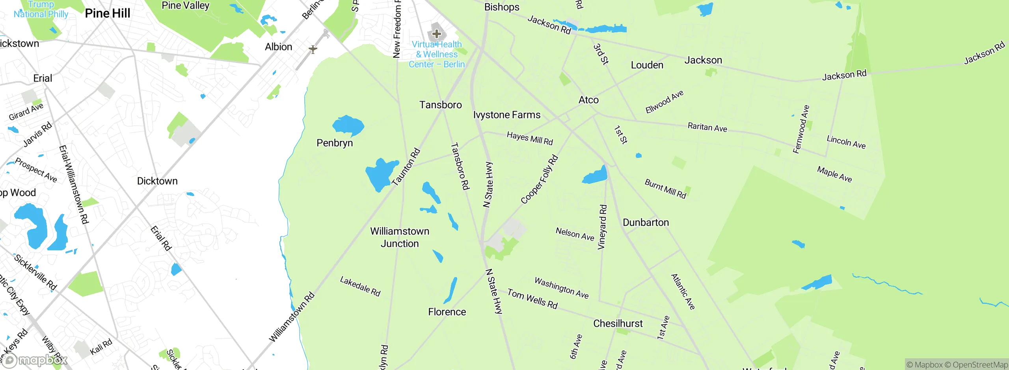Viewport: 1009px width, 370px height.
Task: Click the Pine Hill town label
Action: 107,13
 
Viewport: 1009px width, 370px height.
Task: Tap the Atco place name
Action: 588,100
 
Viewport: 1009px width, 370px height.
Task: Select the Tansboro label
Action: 440,105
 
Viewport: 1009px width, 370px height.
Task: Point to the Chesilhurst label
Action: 618,324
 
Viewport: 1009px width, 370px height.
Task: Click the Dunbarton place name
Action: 646,222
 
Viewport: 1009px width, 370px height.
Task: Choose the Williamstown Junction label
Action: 400,237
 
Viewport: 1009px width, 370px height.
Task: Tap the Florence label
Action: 447,312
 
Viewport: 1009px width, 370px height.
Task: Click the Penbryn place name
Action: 335,143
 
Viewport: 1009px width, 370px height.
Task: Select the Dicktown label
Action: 157,181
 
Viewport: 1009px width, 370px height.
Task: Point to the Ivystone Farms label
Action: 506,115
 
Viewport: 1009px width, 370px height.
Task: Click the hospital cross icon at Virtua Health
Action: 436,34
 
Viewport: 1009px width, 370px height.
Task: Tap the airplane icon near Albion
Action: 313,49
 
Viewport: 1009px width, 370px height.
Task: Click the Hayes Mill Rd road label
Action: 530,139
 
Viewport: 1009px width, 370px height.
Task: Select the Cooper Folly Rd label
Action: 539,179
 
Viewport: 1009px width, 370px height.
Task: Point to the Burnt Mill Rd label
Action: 665,189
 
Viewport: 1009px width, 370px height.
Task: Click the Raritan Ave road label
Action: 707,127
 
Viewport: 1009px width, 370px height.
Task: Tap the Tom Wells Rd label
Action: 532,299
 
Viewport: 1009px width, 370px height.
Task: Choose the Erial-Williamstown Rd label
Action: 73,185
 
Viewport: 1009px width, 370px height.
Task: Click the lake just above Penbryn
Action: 348,126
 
